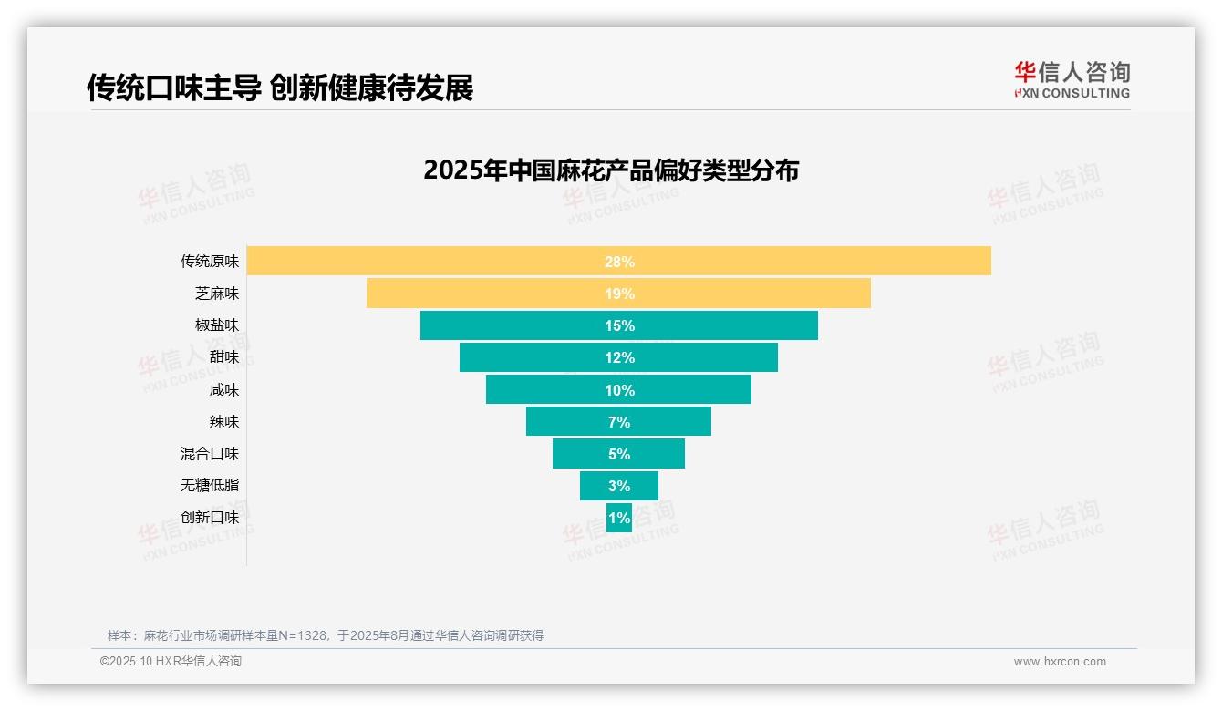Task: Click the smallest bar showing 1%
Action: pyautogui.click(x=619, y=518)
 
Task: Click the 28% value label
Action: pyautogui.click(x=619, y=262)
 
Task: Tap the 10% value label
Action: pyautogui.click(x=619, y=390)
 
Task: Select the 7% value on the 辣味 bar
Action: pyautogui.click(x=619, y=422)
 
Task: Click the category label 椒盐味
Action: pyautogui.click(x=216, y=325)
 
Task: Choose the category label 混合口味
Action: pyautogui.click(x=209, y=454)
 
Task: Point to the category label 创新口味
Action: pyautogui.click(x=209, y=518)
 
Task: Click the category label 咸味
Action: pyautogui.click(x=223, y=390)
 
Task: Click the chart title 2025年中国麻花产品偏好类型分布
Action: pyautogui.click(x=611, y=170)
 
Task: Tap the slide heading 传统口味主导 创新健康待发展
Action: pyautogui.click(x=280, y=88)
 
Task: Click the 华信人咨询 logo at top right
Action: pyautogui.click(x=1072, y=79)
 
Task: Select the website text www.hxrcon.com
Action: pyautogui.click(x=1060, y=662)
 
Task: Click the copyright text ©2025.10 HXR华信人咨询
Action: pyautogui.click(x=171, y=662)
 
